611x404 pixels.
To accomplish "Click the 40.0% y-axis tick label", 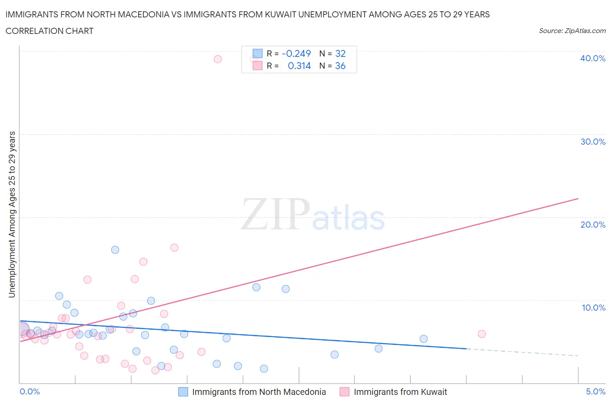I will coord(592,58).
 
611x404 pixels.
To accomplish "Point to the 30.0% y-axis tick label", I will coord(592,142).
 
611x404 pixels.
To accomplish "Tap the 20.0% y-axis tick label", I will coord(592,225).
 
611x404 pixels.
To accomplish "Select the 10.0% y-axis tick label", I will coord(593,308).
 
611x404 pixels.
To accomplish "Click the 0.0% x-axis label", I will coord(30,391).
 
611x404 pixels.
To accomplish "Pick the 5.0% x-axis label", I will coord(595,391).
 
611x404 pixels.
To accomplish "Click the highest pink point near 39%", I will coord(218,59).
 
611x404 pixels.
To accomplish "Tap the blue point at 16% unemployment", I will coord(115,250).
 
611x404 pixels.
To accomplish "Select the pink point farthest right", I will coord(481,334).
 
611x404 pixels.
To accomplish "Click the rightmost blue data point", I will coord(424,339).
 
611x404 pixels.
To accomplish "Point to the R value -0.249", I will coord(296,53).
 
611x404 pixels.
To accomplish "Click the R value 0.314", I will coord(299,66).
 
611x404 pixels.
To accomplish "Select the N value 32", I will coord(340,53).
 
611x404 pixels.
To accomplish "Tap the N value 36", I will coord(340,66).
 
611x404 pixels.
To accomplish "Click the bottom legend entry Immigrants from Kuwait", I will coord(400,392).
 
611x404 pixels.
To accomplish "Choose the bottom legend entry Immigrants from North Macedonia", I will coord(259,392).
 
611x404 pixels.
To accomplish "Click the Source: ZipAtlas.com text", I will coord(572,31).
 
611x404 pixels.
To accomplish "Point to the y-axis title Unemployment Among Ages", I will coord(12,214).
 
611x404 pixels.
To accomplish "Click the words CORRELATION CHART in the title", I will coord(50,31).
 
